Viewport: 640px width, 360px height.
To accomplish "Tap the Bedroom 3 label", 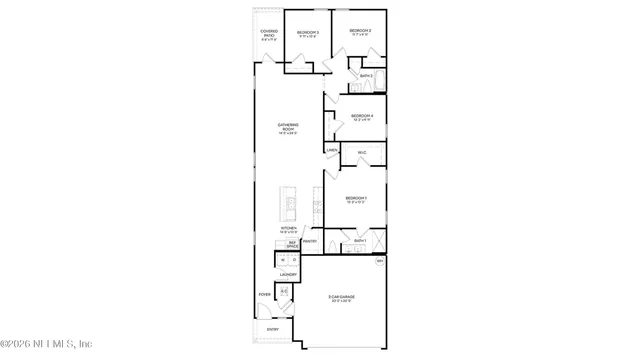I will (307, 33).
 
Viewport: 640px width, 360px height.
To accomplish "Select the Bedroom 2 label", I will (360, 32).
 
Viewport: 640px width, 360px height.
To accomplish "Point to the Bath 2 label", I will (366, 76).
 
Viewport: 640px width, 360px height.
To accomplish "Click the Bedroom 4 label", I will (362, 116).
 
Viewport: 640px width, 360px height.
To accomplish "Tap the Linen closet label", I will (331, 150).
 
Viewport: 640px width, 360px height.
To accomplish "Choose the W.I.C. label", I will (362, 152).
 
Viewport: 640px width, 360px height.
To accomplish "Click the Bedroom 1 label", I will (356, 199).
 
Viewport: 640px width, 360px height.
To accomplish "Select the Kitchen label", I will (288, 230).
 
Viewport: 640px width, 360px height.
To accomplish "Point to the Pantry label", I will (310, 241).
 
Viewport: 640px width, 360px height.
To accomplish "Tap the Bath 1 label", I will (360, 241).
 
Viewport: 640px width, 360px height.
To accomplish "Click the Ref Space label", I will (293, 244).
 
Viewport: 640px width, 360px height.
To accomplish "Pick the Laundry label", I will (288, 274).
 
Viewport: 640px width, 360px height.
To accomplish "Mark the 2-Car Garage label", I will (342, 297).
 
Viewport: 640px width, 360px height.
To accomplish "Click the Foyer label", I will (265, 295).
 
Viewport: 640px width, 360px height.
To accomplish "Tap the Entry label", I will (272, 329).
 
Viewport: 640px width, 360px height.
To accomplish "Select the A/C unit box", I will (284, 291).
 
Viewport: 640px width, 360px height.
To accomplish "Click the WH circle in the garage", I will (380, 262).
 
